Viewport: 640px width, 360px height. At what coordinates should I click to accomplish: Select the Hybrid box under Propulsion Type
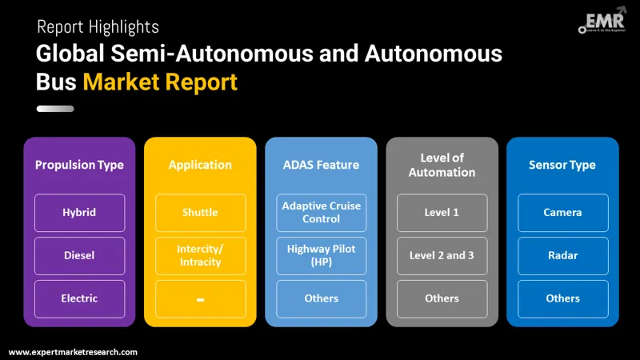point(79,213)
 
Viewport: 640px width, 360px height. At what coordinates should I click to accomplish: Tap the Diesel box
point(79,255)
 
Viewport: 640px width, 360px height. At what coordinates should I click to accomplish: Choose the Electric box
point(79,298)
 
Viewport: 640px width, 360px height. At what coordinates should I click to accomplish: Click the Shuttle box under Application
point(200,213)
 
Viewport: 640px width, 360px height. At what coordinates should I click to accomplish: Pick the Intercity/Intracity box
point(200,255)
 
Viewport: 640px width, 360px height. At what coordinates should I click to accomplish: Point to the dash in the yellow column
point(200,299)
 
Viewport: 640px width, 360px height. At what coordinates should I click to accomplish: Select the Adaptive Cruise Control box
point(321,213)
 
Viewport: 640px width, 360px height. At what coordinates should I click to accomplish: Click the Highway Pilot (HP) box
point(321,255)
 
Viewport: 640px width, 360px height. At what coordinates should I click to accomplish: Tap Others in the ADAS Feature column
point(321,298)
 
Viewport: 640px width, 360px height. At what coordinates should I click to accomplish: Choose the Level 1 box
point(442,213)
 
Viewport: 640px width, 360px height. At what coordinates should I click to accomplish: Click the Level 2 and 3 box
point(442,255)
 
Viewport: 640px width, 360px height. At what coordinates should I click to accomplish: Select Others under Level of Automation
point(442,298)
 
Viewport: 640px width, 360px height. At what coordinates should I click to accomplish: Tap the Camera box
point(562,213)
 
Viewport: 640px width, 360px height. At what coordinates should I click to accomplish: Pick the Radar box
point(562,255)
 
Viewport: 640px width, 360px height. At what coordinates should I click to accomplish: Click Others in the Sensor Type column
point(562,298)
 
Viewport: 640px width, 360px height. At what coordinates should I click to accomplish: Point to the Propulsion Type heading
point(79,165)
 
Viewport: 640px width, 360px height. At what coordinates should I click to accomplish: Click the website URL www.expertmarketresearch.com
point(73,351)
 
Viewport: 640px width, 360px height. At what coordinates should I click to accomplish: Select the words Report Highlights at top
point(98,28)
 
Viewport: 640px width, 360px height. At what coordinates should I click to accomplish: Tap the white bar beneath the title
point(55,108)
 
